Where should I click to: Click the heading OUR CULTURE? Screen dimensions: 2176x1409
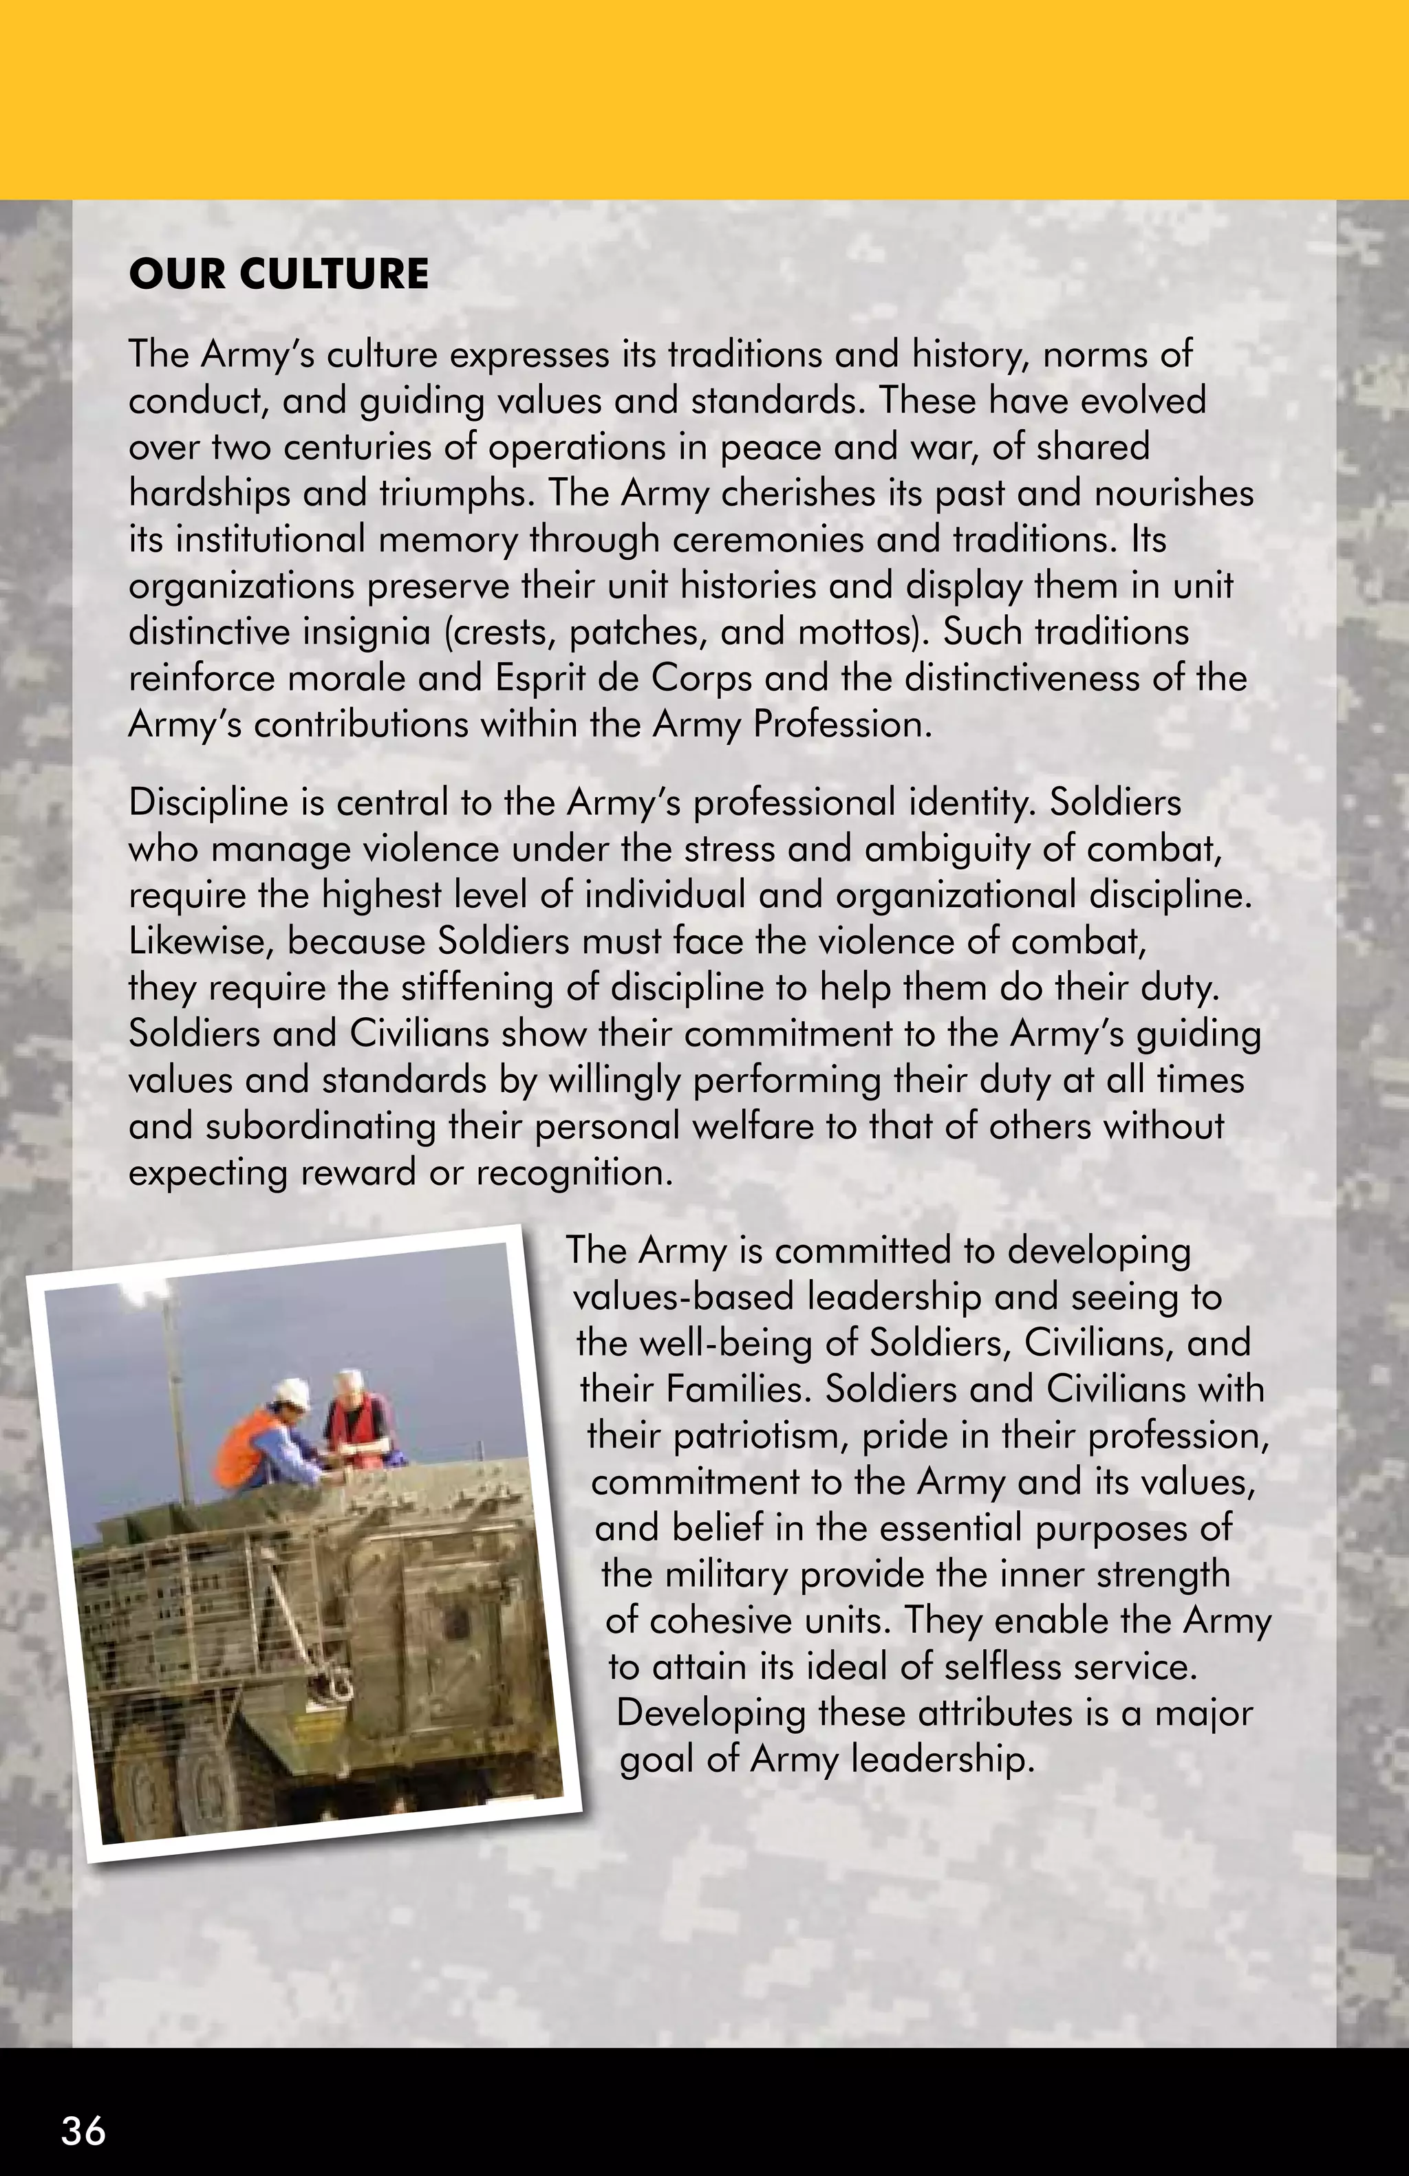coord(278,274)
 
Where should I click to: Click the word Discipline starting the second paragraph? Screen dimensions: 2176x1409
coord(208,803)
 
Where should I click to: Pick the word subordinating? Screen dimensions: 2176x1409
coord(321,1127)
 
